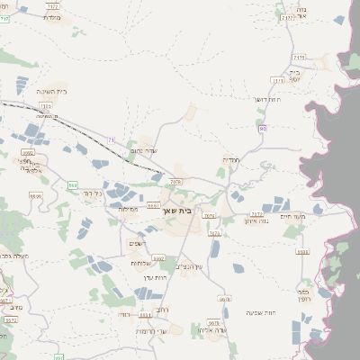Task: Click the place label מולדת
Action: coord(52,18)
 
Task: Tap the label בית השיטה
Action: coord(54,91)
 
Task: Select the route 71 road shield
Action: coord(111,139)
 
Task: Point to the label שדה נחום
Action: coord(144,151)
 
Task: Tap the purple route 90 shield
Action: coord(263,130)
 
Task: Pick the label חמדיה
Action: coord(230,159)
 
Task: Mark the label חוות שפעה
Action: coord(261,311)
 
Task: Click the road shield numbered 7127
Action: coord(289,17)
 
